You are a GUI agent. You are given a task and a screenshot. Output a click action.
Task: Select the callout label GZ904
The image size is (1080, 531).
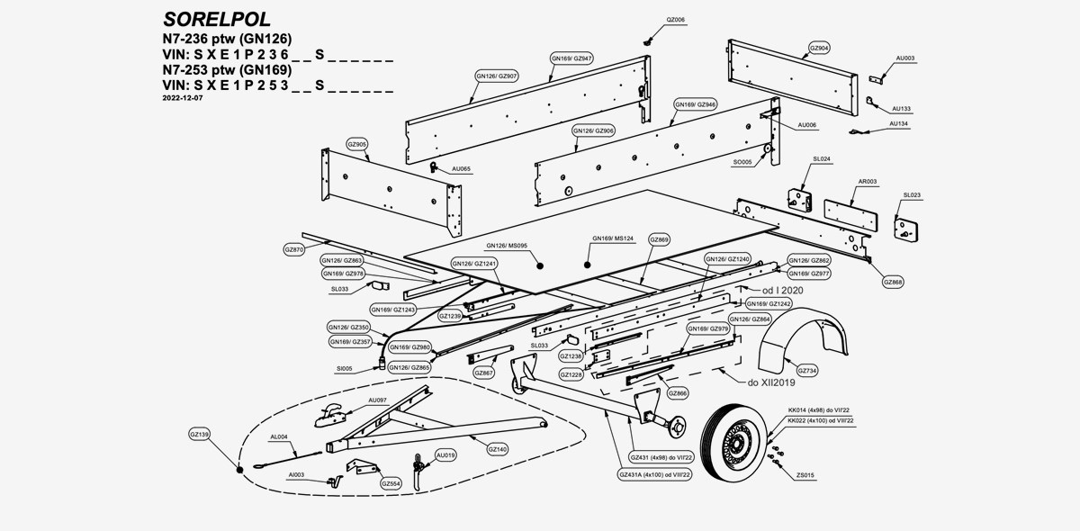(819, 48)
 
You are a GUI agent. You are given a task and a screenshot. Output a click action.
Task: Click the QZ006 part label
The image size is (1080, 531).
(674, 19)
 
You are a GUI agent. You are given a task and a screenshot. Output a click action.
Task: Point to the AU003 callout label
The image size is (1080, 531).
(904, 58)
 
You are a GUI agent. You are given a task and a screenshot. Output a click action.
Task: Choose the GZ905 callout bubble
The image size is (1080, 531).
(356, 144)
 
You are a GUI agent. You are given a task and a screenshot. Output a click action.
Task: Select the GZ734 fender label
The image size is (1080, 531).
(807, 370)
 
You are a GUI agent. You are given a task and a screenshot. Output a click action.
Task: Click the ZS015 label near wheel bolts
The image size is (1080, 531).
(805, 474)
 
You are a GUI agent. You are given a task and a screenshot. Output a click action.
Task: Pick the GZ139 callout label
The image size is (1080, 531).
(199, 435)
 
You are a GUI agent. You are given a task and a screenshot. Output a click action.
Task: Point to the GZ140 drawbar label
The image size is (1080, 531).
(497, 448)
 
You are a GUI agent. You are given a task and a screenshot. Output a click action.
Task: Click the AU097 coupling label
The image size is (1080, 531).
(377, 399)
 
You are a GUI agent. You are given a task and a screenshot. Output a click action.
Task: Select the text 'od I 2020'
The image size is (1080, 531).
(782, 291)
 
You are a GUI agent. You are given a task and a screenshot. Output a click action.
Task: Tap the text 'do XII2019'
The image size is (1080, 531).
(770, 382)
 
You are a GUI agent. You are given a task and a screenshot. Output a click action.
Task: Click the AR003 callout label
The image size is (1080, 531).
(867, 181)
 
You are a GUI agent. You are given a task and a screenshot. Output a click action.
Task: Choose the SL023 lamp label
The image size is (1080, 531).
(911, 194)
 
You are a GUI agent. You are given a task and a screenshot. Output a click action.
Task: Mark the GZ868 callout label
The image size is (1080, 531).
(893, 282)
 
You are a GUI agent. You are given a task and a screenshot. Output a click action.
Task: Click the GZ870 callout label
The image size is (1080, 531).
(293, 248)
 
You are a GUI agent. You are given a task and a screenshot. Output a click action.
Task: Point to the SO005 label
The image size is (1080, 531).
(742, 162)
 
